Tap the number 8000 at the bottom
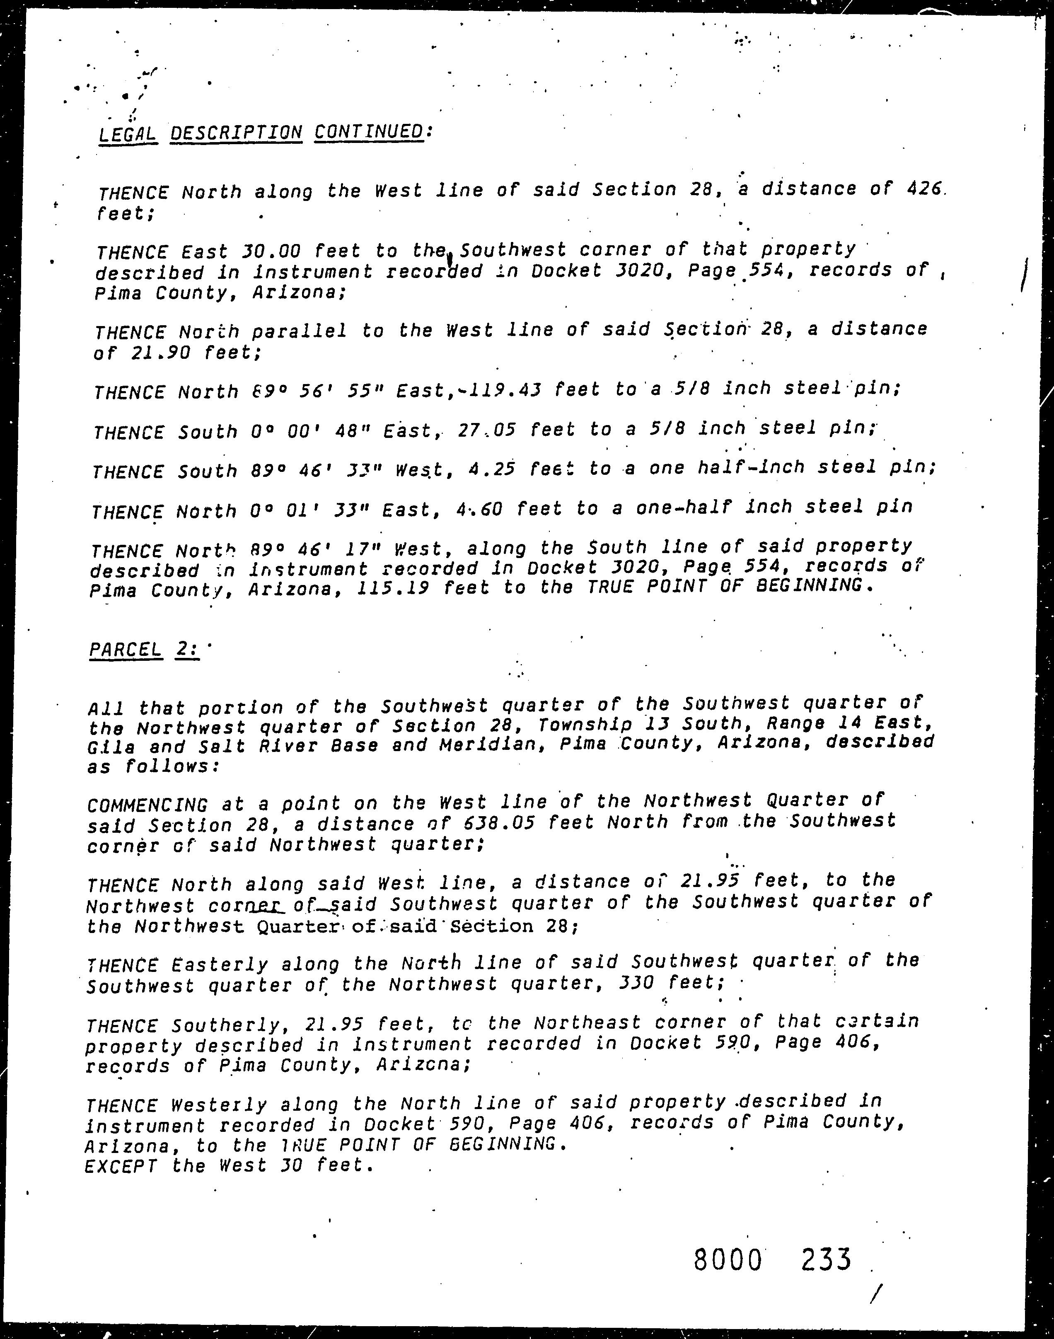tap(728, 1259)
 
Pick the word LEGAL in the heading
tap(128, 133)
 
